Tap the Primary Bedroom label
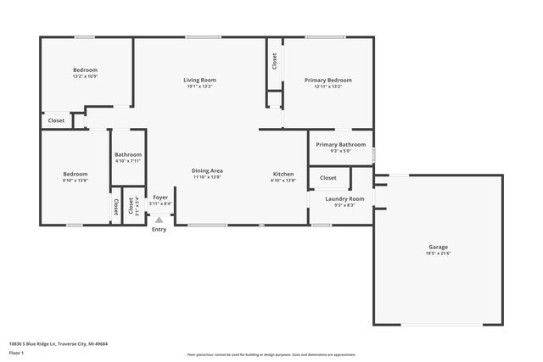pyautogui.click(x=327, y=81)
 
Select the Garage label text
pyautogui.click(x=438, y=248)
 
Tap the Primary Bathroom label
pyautogui.click(x=340, y=145)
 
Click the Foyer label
pyautogui.click(x=160, y=198)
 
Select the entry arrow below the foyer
pyautogui.click(x=159, y=219)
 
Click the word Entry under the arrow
pyautogui.click(x=159, y=230)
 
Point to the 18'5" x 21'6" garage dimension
pyautogui.click(x=438, y=253)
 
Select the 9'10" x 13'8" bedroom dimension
pyautogui.click(x=75, y=181)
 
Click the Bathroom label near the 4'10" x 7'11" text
pyautogui.click(x=128, y=154)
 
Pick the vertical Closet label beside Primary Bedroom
pyautogui.click(x=274, y=61)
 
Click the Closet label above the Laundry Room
pyautogui.click(x=327, y=178)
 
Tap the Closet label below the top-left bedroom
pyautogui.click(x=55, y=121)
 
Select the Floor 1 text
pyautogui.click(x=16, y=352)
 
